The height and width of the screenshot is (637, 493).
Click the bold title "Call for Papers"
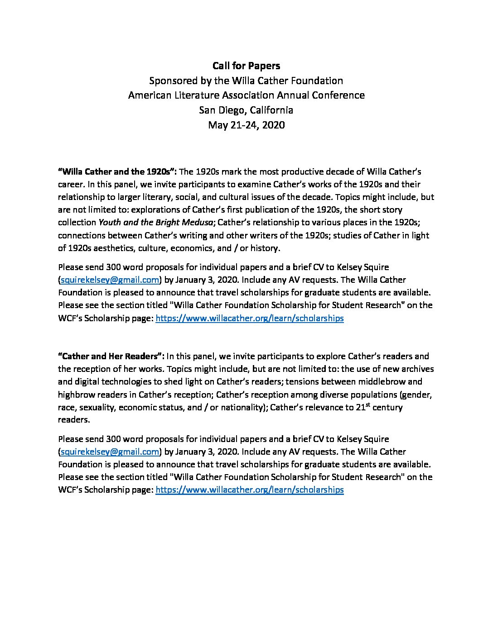coord(246,66)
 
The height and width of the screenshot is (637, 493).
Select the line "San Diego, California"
coord(246,110)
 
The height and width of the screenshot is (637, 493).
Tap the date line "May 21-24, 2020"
coord(246,125)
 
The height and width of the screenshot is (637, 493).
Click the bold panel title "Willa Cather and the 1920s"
coord(117,172)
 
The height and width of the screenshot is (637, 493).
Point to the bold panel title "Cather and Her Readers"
coord(111,357)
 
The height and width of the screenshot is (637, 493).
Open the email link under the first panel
coord(110,280)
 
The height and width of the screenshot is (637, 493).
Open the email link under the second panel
coord(110,452)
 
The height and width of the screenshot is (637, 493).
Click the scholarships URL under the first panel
coord(249,318)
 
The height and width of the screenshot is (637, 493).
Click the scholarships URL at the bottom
coord(249,490)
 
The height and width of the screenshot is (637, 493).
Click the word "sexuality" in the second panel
coord(98,407)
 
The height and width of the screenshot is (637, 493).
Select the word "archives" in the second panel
coord(417,369)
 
